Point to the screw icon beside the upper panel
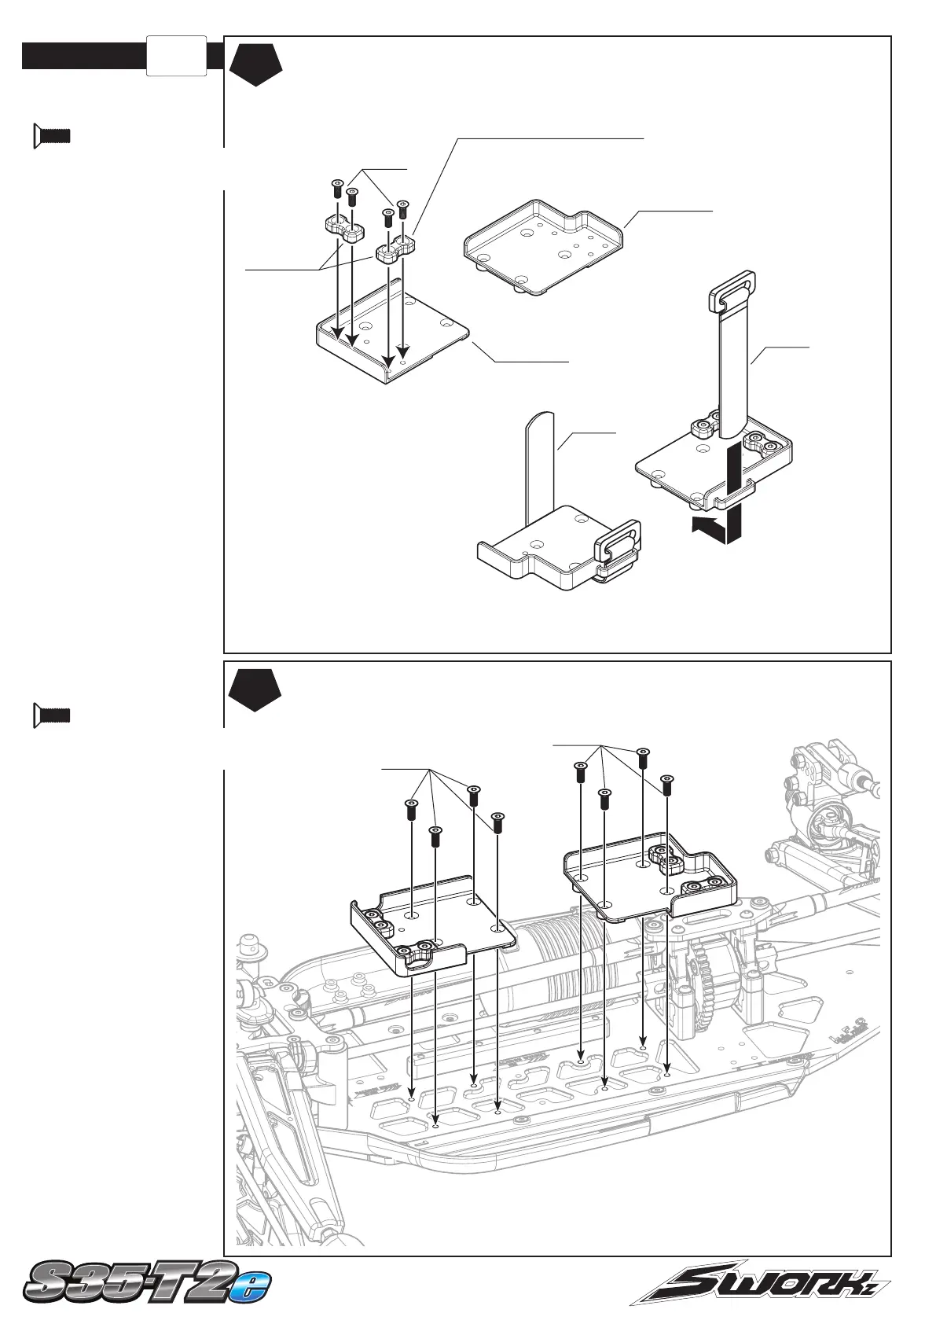(51, 136)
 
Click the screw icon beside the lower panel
(51, 715)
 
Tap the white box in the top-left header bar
(176, 56)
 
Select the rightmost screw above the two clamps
(403, 210)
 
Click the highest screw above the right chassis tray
(643, 759)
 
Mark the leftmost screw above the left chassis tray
(410, 809)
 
